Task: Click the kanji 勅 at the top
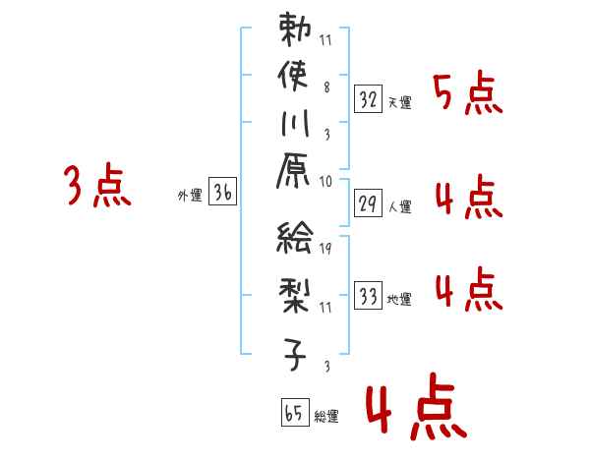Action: click(295, 30)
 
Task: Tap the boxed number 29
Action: click(368, 203)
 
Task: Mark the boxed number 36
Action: click(222, 194)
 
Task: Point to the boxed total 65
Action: click(293, 414)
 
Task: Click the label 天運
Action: click(399, 103)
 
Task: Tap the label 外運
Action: click(190, 197)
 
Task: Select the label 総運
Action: click(326, 417)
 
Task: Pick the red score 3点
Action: click(96, 186)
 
